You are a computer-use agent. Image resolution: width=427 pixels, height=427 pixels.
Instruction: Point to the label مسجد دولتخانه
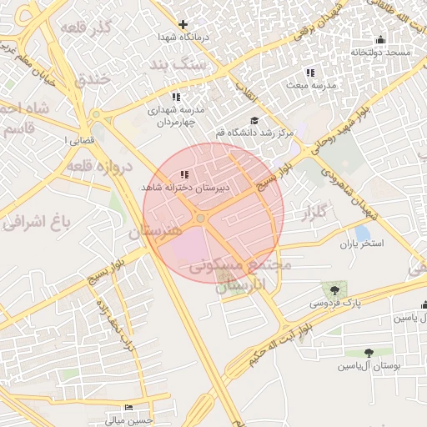point(381,52)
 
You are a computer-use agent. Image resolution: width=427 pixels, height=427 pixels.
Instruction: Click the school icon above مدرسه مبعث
point(310,73)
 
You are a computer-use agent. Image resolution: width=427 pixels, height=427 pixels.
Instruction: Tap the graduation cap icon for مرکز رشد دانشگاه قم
point(254,121)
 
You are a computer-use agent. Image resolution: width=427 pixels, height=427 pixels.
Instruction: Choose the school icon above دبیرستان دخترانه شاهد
point(183,175)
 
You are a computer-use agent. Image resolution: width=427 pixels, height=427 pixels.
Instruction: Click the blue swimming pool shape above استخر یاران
point(361,231)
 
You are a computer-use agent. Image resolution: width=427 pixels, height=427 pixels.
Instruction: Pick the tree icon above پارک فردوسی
point(334,290)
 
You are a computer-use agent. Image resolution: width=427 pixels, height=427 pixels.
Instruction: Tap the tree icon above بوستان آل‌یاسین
point(369,354)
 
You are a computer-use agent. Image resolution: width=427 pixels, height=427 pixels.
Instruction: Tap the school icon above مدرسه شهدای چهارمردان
point(174,97)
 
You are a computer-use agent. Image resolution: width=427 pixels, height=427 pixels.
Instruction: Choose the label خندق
point(92,81)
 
